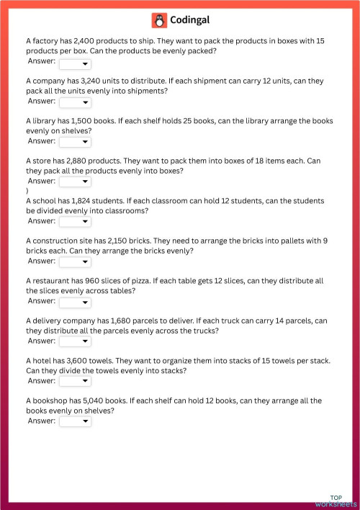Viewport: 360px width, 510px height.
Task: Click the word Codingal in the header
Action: tap(190, 20)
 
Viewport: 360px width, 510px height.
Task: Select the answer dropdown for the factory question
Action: tap(75, 63)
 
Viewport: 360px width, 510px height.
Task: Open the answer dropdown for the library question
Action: tap(75, 142)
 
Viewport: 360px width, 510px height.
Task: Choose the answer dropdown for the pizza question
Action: tap(75, 301)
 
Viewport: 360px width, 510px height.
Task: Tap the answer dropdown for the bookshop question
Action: tap(75, 421)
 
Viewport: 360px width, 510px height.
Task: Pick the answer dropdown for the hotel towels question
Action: tap(75, 381)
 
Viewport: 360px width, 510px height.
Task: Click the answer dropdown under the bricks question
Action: tap(75, 261)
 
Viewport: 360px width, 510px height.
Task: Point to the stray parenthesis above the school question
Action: tap(27, 191)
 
